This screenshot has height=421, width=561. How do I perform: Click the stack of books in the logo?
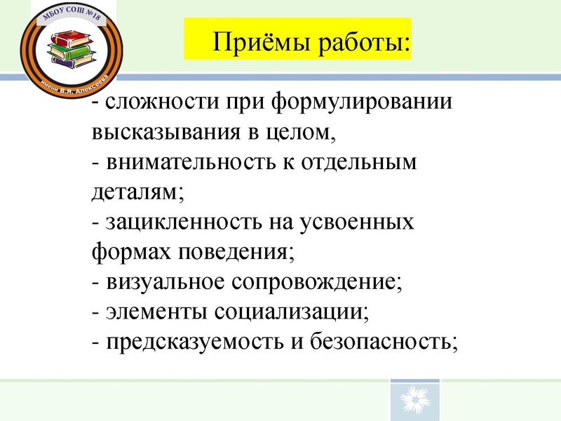point(71,48)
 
